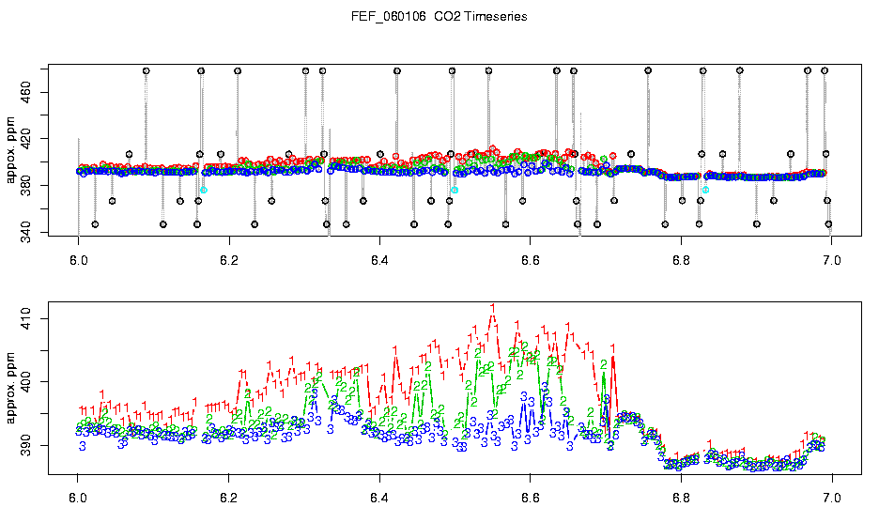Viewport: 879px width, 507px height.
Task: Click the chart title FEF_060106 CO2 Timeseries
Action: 439,17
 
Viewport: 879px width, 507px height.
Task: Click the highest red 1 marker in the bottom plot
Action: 493,308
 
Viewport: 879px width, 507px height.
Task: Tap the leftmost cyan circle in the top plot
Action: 203,190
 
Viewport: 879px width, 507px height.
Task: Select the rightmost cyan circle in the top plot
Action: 705,190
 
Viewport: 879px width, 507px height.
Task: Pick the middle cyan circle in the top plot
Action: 455,190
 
